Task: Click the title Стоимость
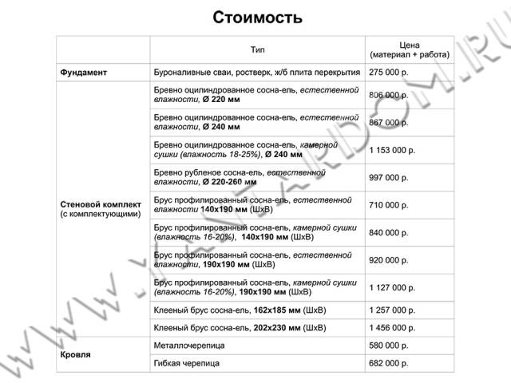pos(257,18)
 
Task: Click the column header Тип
pos(257,49)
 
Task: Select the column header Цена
pos(410,45)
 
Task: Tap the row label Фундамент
pos(83,73)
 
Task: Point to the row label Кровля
pos(75,354)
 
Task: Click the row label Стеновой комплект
pos(101,204)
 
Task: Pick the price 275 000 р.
pos(389,73)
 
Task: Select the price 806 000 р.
pos(389,95)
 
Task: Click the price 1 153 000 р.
pos(392,150)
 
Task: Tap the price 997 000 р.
pos(389,178)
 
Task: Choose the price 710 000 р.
pos(389,205)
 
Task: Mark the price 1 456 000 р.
pos(392,328)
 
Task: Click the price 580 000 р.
pos(389,345)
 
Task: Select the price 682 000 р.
pos(389,363)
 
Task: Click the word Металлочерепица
pos(189,345)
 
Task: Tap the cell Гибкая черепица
pos(186,363)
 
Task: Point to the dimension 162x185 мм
pos(277,310)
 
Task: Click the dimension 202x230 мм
pos(277,328)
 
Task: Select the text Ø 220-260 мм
pos(229,182)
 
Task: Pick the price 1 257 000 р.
pos(392,310)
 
